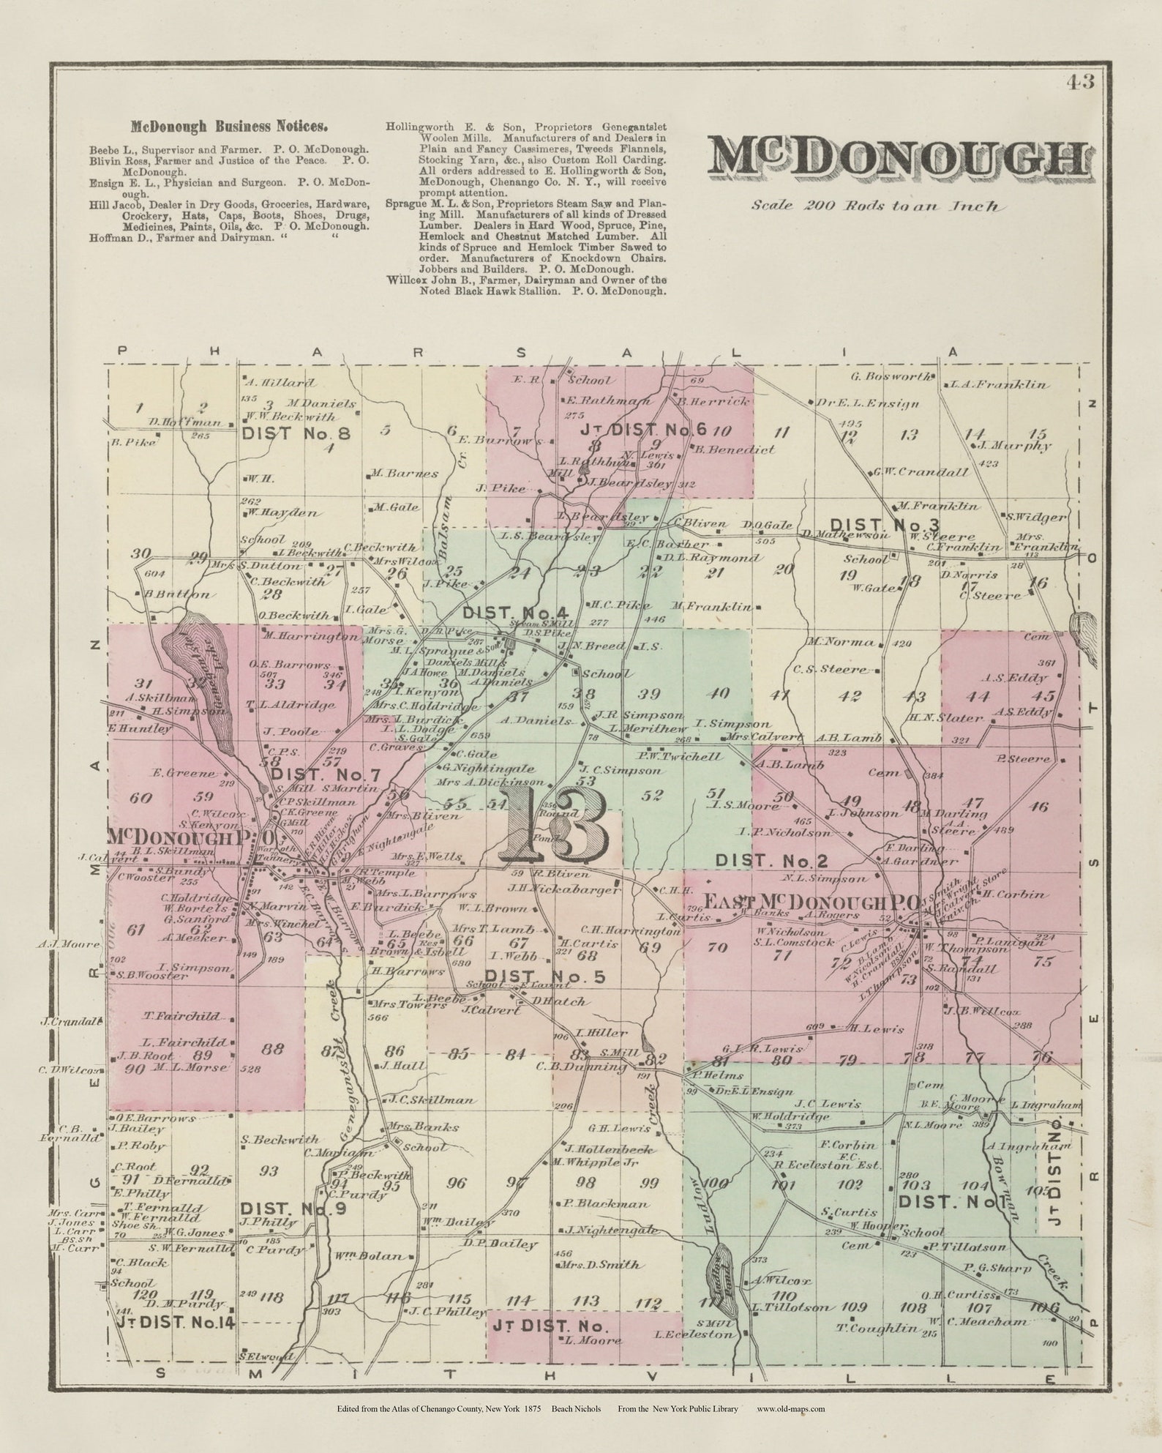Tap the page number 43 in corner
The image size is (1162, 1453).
[1080, 82]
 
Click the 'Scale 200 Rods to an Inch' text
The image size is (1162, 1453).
[874, 206]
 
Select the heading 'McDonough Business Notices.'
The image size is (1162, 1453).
[228, 125]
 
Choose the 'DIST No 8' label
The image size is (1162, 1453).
[296, 433]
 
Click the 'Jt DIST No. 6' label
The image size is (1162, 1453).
[644, 430]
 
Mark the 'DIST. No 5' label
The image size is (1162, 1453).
[545, 976]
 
